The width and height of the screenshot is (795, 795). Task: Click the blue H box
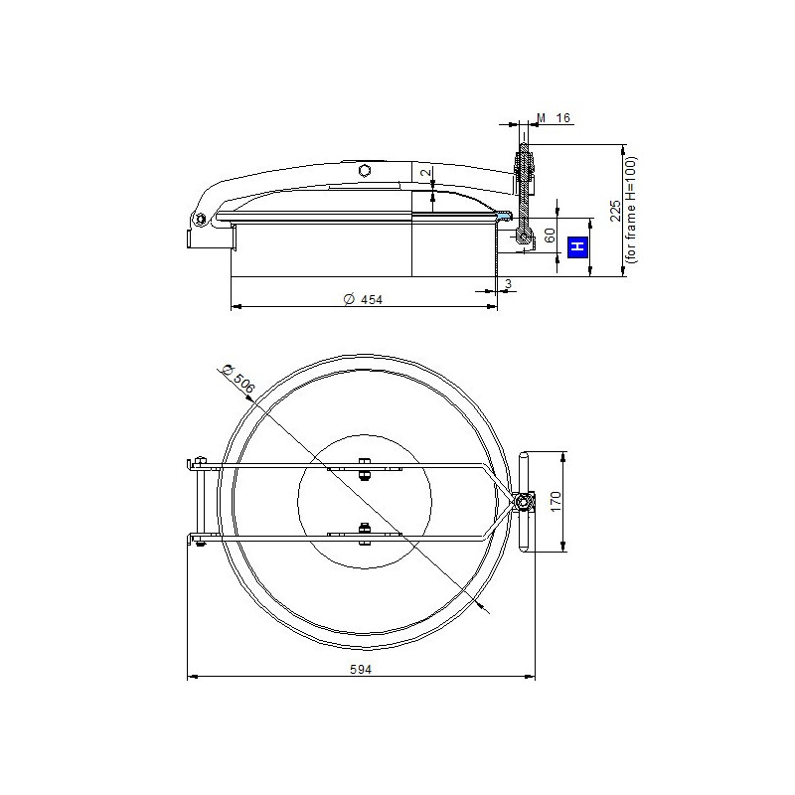pos(577,246)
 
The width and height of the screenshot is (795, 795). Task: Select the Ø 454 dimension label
pos(363,300)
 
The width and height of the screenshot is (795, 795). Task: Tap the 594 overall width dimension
pos(361,669)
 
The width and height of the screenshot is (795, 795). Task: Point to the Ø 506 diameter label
pos(238,380)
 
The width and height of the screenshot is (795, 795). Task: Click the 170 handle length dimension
pos(556,501)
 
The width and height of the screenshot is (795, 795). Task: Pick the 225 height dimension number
pos(615,211)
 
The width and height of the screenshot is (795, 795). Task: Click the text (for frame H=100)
pos(631,210)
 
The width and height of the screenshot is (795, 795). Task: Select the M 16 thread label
pos(554,118)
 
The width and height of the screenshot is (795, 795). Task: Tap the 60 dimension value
pos(550,235)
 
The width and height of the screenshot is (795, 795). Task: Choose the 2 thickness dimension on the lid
pos(428,171)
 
